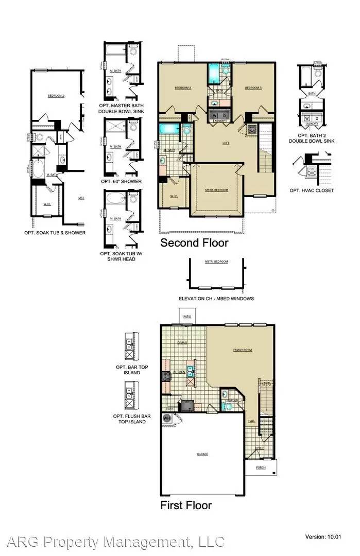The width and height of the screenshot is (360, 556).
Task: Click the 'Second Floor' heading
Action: (194, 242)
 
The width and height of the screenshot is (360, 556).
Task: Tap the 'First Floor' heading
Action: (186, 505)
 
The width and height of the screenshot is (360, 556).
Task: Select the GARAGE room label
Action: (202, 455)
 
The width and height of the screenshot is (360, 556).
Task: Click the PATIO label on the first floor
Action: (186, 316)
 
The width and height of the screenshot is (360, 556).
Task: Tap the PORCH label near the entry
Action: (261, 468)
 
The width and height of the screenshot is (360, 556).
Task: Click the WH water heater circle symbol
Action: (167, 419)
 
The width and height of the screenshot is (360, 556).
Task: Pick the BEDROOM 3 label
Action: (253, 88)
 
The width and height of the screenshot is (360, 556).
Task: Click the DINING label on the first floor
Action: (182, 343)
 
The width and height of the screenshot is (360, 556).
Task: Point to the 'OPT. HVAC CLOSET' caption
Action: (315, 190)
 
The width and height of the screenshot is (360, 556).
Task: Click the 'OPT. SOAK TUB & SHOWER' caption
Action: (55, 233)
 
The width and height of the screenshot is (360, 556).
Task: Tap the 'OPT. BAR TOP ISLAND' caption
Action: (130, 371)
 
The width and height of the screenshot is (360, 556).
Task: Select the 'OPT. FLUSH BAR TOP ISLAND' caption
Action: (130, 419)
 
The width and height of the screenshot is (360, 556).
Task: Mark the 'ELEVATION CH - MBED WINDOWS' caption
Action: (216, 299)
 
